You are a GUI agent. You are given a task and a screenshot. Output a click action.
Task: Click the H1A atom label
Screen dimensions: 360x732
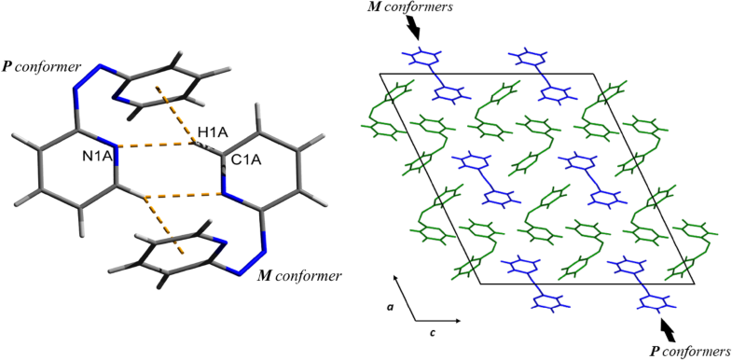pyautogui.click(x=211, y=132)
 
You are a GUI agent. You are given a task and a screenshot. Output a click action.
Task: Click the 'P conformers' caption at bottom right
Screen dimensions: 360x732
pyautogui.click(x=690, y=351)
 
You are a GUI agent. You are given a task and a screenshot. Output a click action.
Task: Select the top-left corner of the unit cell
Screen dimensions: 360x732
pyautogui.click(x=380, y=73)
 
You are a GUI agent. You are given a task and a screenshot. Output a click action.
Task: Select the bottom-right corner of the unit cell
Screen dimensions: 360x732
pyautogui.click(x=695, y=284)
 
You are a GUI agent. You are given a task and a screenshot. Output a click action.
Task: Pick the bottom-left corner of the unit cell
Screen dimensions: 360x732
pyautogui.click(x=480, y=284)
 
